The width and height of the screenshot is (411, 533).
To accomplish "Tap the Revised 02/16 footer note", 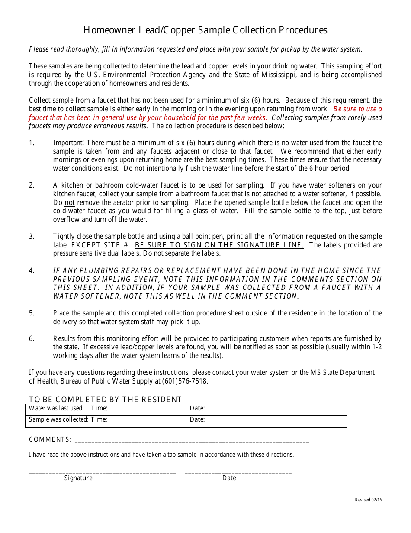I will (368, 500).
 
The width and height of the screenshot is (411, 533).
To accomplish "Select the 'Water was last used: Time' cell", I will (106, 409).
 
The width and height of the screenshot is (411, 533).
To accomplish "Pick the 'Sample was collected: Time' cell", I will (106, 420).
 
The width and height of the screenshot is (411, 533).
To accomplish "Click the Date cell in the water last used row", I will (267, 409).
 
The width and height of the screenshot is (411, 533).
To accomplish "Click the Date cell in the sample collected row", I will (267, 420).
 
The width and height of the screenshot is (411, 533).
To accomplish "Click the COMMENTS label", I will (50, 439).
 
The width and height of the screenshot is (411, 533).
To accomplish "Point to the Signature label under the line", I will (78, 478).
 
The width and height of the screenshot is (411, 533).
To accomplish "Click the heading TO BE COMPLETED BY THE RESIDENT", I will (105, 399).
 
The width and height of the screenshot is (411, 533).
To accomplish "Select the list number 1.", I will (31, 143).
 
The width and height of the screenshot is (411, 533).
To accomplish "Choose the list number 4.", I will (31, 271).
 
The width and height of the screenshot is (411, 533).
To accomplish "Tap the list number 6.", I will (31, 339).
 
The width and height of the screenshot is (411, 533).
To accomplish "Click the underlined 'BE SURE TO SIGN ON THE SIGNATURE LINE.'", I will (219, 245).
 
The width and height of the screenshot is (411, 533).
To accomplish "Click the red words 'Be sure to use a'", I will (357, 109).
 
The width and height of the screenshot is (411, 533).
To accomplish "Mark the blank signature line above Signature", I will (103, 471).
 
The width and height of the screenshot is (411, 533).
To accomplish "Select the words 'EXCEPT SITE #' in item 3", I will (100, 245).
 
